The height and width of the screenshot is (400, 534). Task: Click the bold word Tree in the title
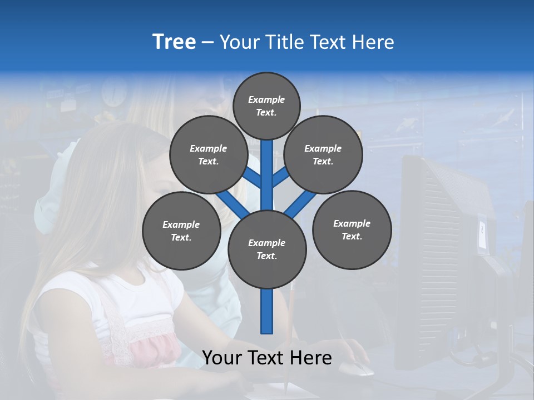(x=174, y=42)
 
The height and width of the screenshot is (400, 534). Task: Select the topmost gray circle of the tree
(x=266, y=106)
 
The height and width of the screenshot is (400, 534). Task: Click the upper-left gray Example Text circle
(x=208, y=154)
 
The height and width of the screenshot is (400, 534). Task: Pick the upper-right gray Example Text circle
(x=323, y=154)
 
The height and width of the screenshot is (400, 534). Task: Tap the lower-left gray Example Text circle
(x=181, y=231)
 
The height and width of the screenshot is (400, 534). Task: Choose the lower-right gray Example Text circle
(x=352, y=229)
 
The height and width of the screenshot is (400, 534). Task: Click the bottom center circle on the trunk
(x=267, y=249)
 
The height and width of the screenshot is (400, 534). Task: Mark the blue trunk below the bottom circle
(x=267, y=311)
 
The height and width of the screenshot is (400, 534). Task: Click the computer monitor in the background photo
(x=445, y=250)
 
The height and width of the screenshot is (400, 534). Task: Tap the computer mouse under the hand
(x=357, y=368)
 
